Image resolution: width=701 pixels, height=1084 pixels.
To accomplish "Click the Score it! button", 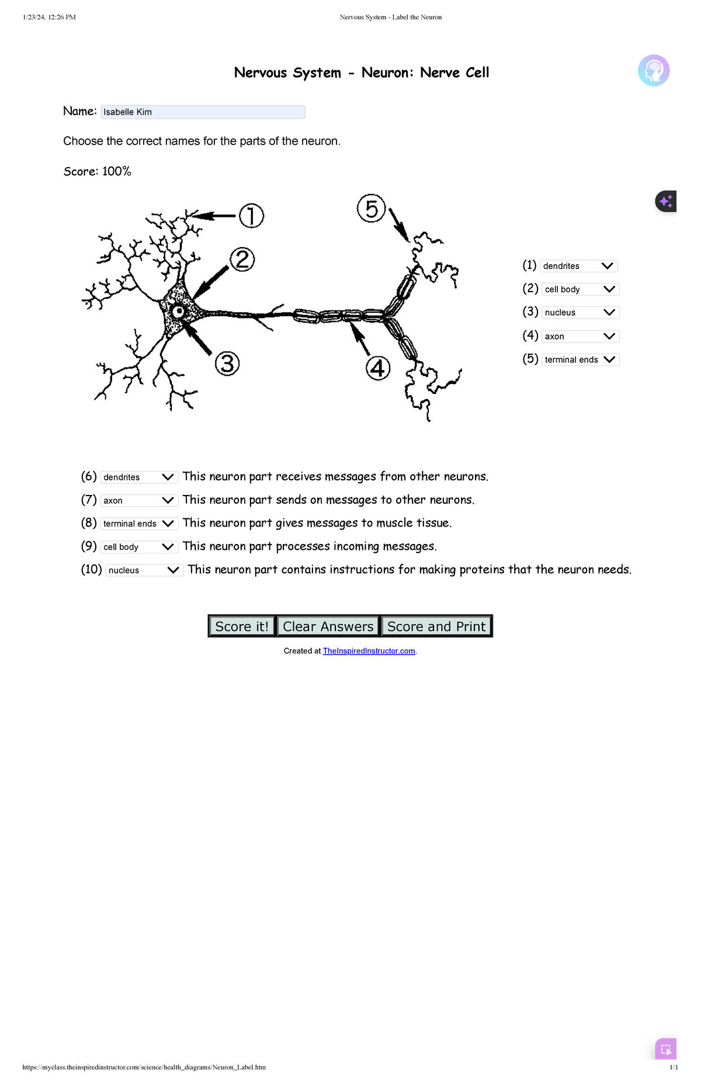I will tap(242, 626).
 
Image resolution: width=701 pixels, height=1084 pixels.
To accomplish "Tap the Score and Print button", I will tap(436, 626).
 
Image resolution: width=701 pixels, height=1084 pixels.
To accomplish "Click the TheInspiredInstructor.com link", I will tap(369, 651).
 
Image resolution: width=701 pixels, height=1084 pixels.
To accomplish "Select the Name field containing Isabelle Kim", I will tap(203, 112).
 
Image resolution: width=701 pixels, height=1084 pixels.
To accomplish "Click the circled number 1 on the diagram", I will tap(251, 216).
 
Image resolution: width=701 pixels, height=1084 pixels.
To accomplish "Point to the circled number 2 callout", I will tap(242, 259).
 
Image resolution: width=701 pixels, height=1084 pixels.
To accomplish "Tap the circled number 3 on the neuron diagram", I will tap(227, 363).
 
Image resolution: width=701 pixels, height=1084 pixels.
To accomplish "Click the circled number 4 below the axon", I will tap(378, 368).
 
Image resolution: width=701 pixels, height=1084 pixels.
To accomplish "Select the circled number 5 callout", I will tap(372, 209).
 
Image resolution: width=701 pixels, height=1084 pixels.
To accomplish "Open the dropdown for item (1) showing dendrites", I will tap(578, 266).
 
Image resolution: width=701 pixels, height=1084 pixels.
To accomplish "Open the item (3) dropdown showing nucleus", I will tap(580, 313).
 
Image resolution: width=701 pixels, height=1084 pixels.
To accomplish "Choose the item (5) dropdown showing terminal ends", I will tap(580, 359).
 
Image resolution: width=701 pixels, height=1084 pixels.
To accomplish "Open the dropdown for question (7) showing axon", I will tap(139, 500).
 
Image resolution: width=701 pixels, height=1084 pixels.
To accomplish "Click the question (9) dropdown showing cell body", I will tap(139, 547).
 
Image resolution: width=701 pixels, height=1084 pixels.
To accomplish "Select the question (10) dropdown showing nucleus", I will tap(144, 570).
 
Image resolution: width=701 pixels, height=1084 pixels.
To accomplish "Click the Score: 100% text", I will tap(98, 171).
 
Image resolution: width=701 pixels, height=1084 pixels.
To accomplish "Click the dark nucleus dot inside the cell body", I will tap(178, 311).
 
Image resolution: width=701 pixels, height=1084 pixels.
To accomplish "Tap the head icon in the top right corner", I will tap(654, 71).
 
